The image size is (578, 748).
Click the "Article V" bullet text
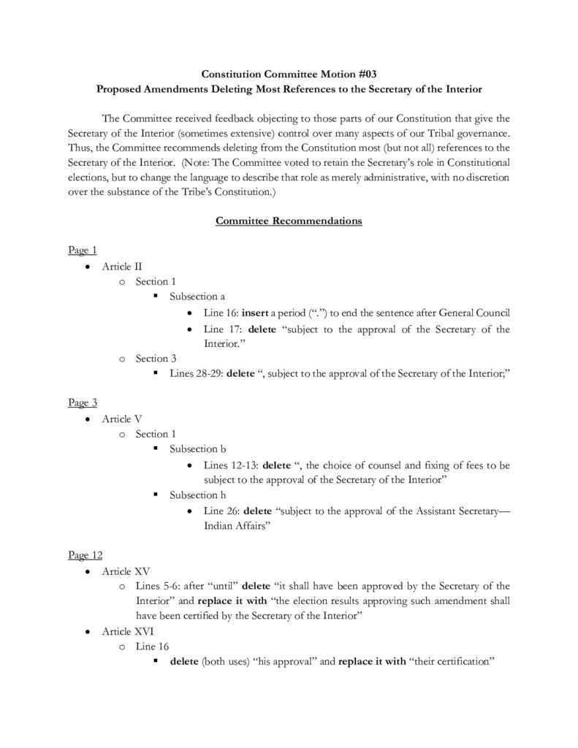pos(117,419)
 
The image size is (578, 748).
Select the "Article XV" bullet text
pos(121,570)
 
